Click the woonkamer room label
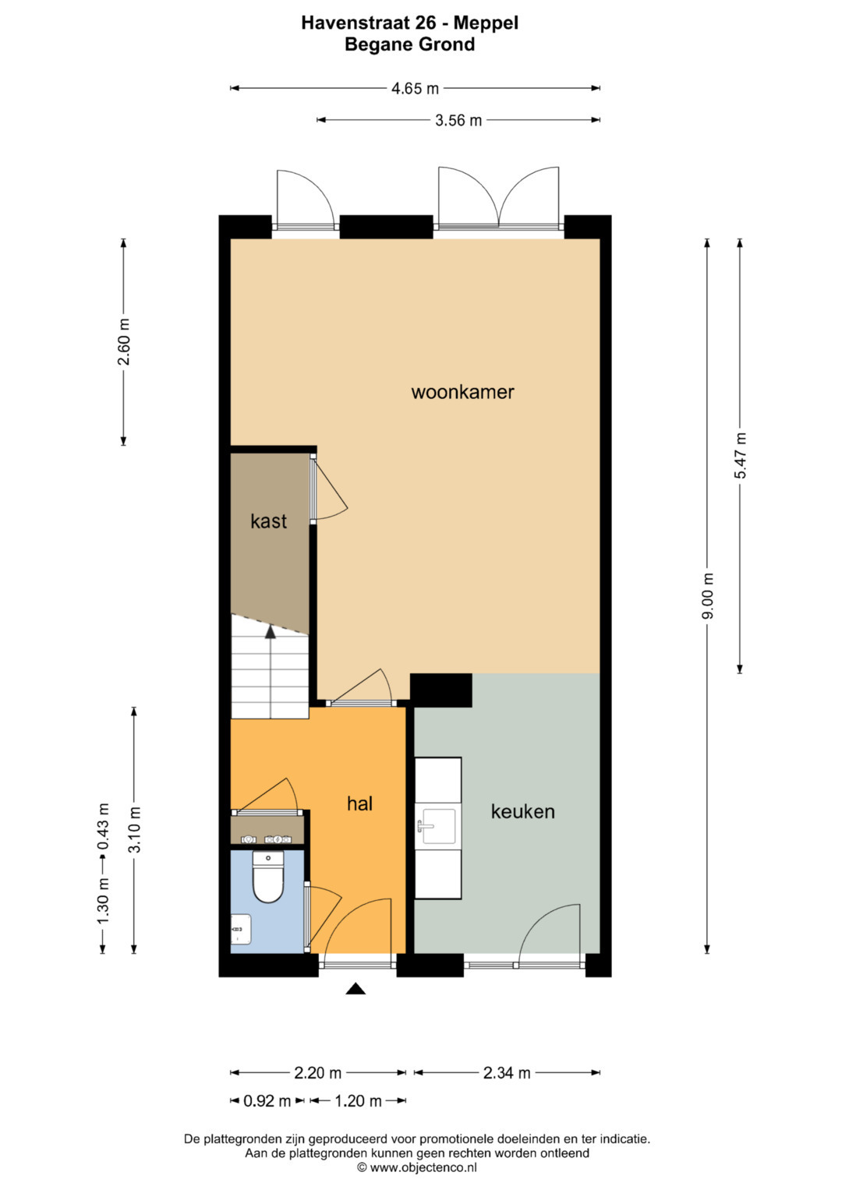[462, 393]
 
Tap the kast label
[268, 521]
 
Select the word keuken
[522, 812]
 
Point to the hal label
[359, 803]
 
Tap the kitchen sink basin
[438, 826]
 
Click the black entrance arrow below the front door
[356, 988]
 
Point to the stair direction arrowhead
[271, 632]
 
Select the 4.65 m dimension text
[415, 88]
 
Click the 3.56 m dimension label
[458, 121]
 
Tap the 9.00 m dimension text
[707, 596]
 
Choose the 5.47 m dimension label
[740, 455]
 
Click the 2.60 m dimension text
[123, 341]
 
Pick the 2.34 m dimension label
[507, 1073]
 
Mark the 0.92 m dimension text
[267, 1101]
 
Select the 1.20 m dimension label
[359, 1101]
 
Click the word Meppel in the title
[486, 23]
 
